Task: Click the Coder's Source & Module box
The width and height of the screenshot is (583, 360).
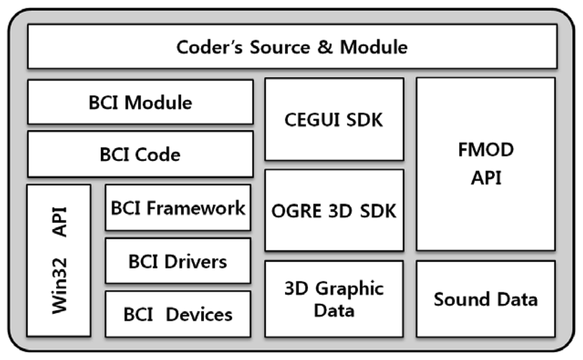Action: [x=291, y=47]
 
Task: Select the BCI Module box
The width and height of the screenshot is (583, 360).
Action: [x=140, y=102]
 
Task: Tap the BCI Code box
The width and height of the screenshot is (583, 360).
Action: [x=140, y=154]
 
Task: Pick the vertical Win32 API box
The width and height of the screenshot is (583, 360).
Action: [x=59, y=260]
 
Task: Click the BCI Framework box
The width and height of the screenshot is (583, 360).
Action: [x=178, y=208]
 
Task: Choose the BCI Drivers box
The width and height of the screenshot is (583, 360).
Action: [x=178, y=261]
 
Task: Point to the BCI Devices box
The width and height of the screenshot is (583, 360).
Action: [x=178, y=314]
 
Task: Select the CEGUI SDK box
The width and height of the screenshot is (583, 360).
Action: [x=334, y=120]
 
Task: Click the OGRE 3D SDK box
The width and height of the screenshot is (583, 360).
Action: [x=334, y=211]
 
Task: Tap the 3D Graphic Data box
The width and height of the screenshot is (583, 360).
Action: [x=334, y=299]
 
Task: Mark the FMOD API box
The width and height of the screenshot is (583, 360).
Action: [x=486, y=164]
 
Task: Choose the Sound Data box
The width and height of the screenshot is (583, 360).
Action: [x=486, y=299]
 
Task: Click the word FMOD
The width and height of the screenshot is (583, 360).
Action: [x=486, y=150]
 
